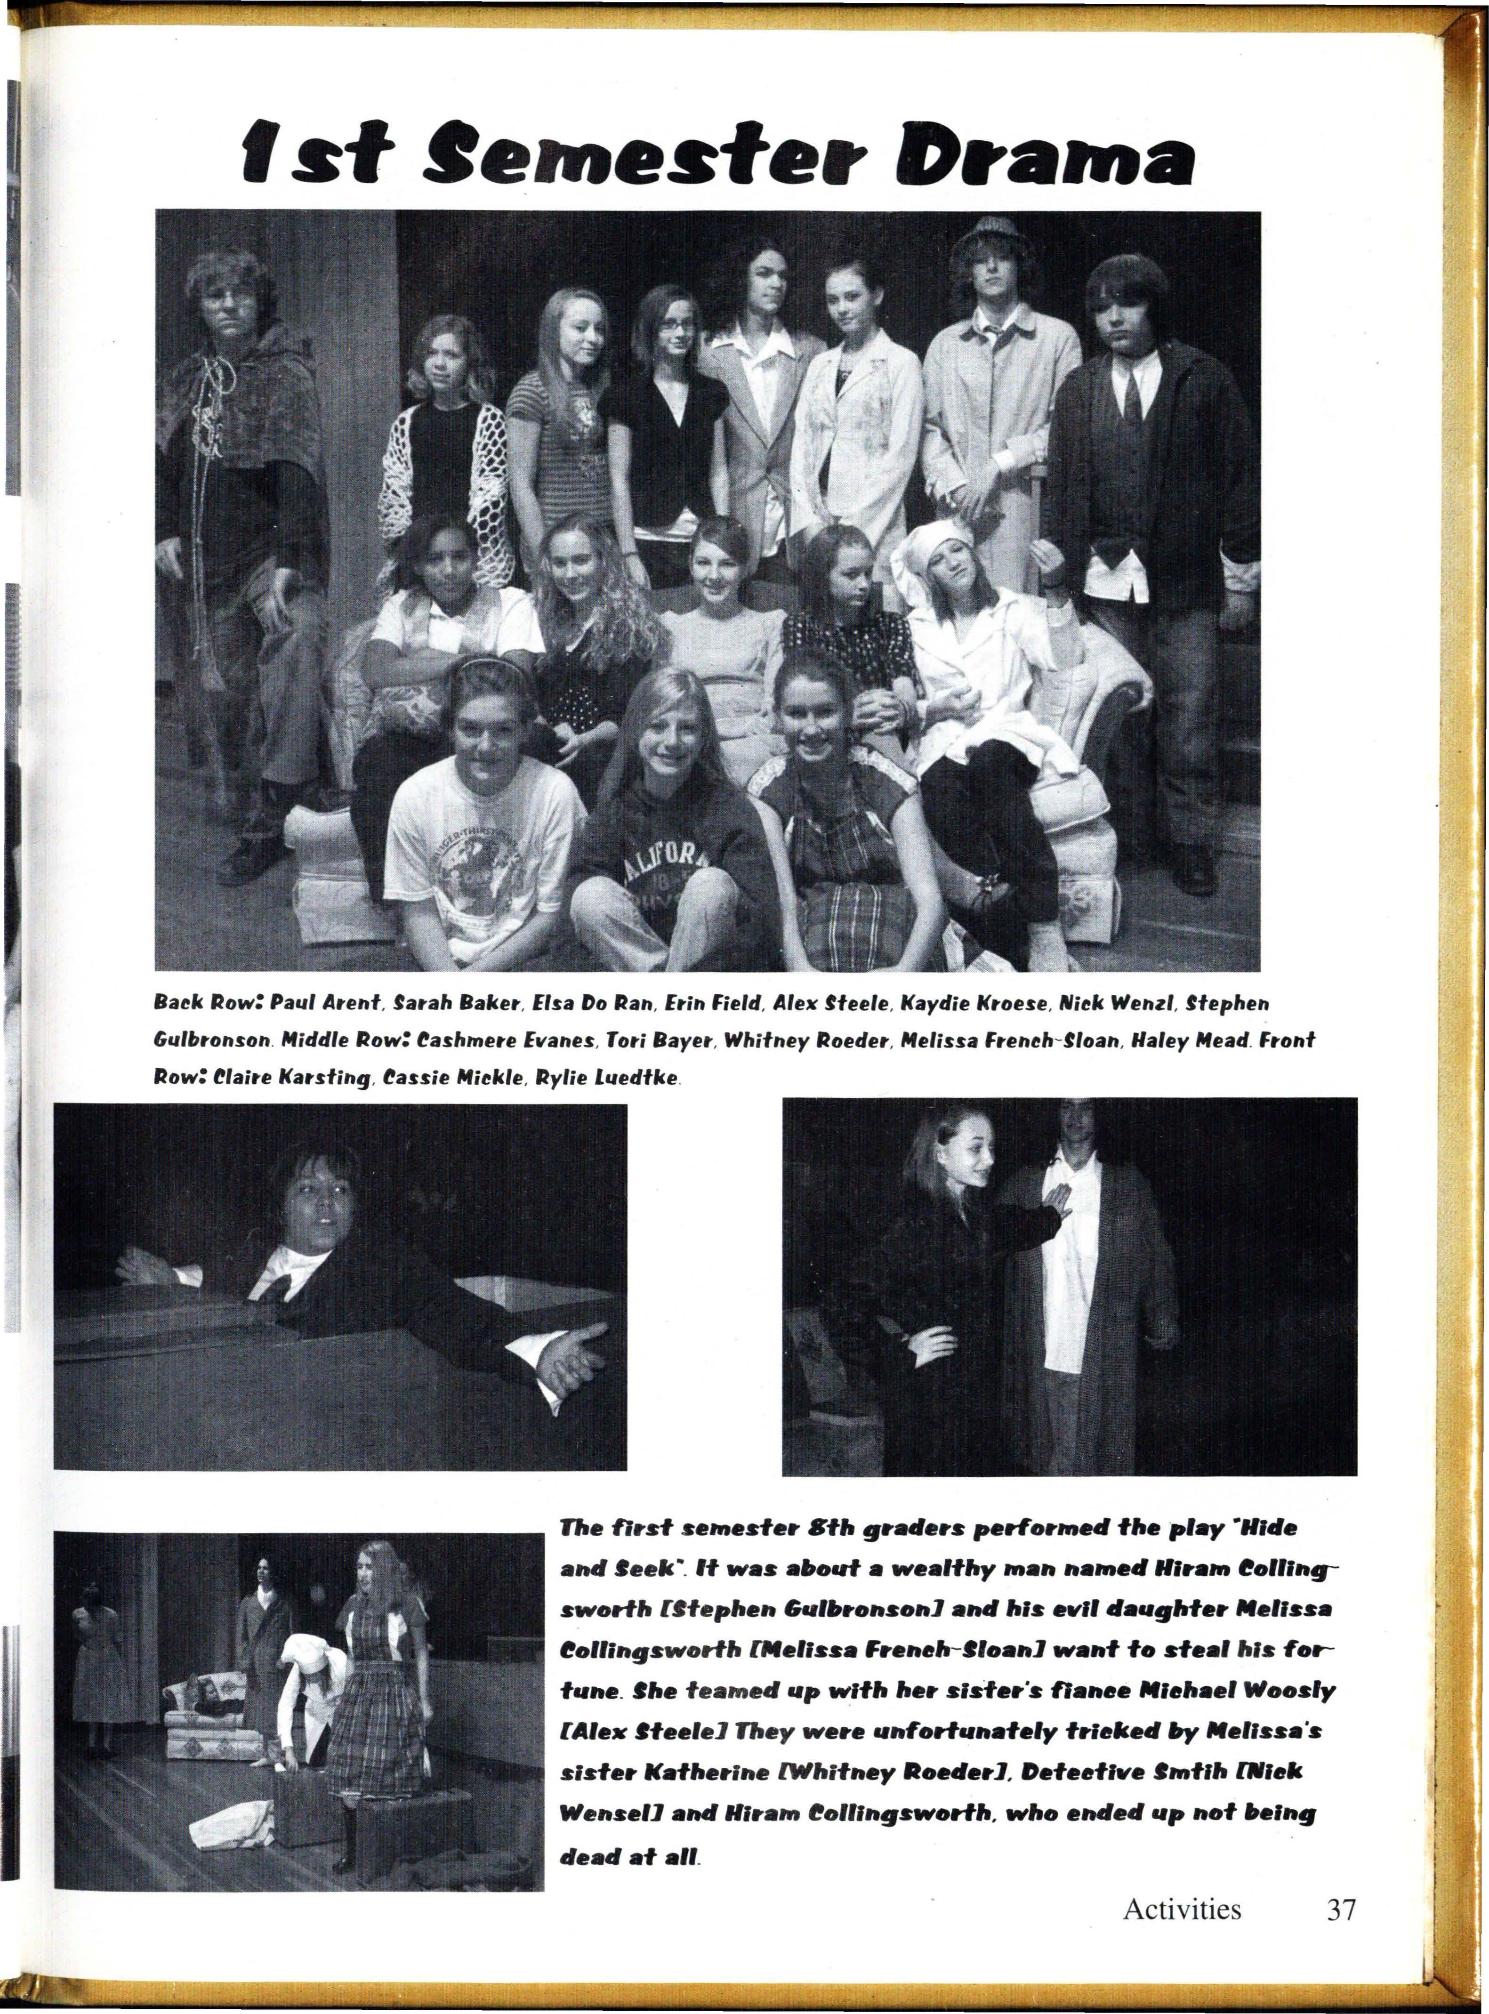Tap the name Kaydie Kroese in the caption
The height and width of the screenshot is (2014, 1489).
[x=978, y=1002]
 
